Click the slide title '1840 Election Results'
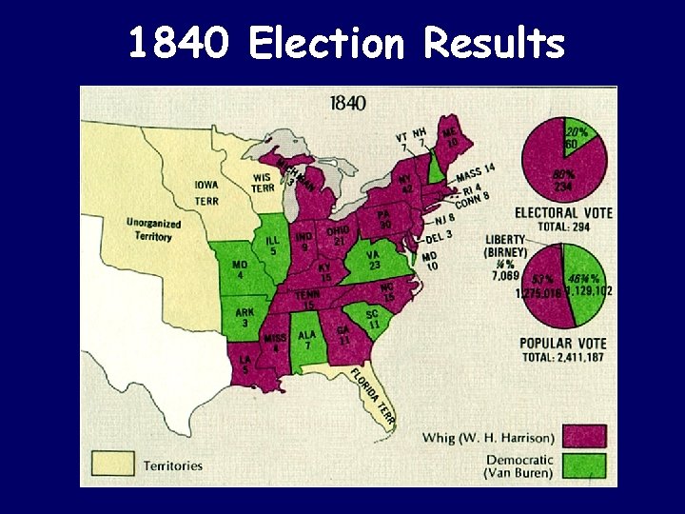(x=344, y=43)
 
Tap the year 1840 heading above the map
(x=347, y=103)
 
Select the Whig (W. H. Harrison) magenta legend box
(x=584, y=437)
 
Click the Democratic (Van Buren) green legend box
(x=584, y=466)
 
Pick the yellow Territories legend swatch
(x=112, y=464)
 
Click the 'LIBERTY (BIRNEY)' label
(x=513, y=245)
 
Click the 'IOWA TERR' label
(x=206, y=192)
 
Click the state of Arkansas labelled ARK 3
(x=245, y=318)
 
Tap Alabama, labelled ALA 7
(x=305, y=340)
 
